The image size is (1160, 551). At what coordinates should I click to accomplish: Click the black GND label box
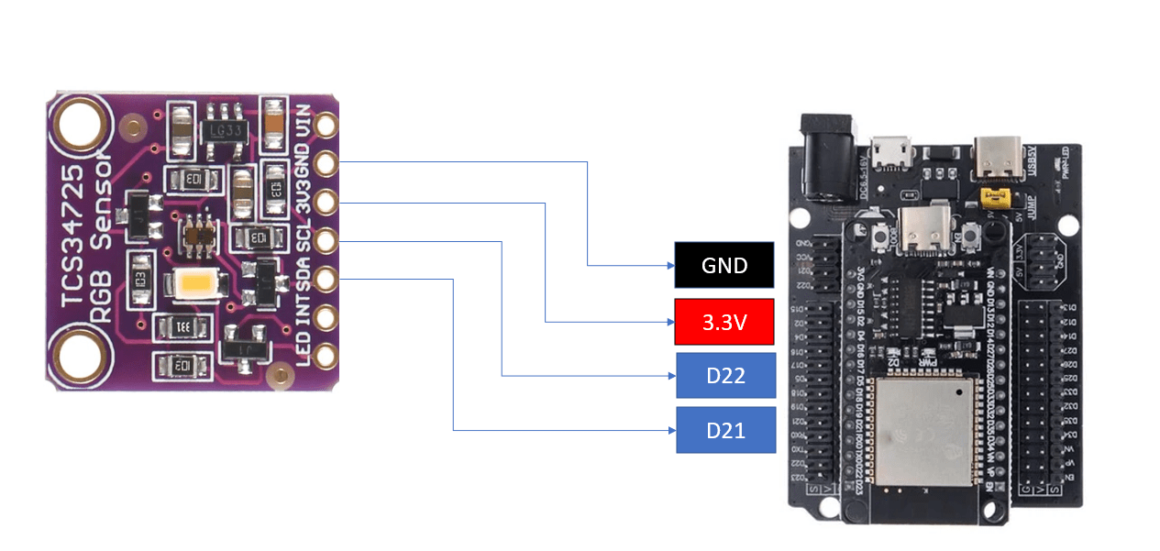tap(724, 265)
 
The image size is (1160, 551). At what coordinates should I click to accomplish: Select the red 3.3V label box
tap(724, 322)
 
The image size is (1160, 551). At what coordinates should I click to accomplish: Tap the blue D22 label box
tap(725, 375)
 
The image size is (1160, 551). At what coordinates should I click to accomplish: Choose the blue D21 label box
tap(725, 430)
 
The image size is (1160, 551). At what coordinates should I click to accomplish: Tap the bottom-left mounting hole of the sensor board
tap(80, 354)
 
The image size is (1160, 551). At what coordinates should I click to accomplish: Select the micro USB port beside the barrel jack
tap(890, 153)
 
